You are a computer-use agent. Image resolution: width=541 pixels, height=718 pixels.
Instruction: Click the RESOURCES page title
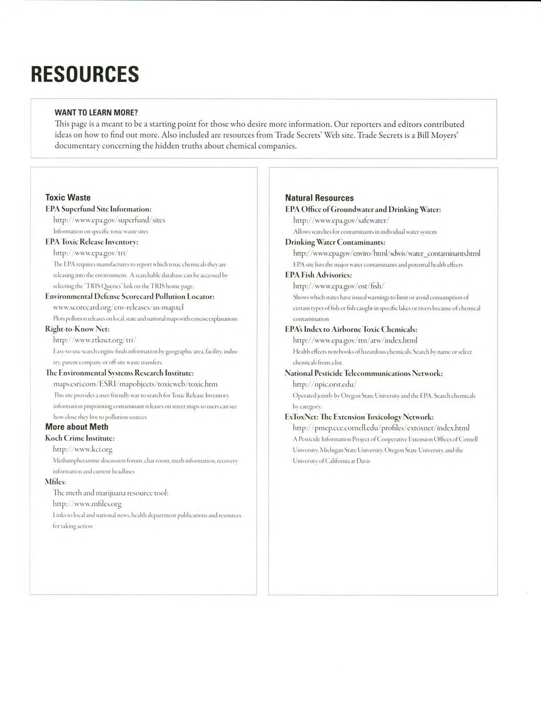coord(85,74)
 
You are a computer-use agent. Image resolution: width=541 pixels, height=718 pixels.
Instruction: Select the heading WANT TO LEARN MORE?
coord(96,113)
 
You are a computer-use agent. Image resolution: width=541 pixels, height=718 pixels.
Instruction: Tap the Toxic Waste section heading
coord(68,197)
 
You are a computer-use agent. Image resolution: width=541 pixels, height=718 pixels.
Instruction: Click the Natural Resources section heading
coord(319,198)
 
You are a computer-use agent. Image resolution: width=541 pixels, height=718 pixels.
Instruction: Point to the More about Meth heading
coord(77,427)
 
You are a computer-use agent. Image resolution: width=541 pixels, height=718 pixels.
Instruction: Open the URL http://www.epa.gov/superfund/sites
coord(109,220)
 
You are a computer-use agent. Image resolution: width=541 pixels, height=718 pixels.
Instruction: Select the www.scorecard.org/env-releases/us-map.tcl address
coord(118,307)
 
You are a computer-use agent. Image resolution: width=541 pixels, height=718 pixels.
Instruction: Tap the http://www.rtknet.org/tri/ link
coord(94,340)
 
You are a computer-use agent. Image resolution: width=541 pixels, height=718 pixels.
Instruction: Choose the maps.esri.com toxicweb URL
coord(135,384)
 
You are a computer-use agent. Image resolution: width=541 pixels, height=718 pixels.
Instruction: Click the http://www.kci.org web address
coord(82,449)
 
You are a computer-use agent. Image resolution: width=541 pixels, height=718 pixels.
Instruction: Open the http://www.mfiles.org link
coord(87,504)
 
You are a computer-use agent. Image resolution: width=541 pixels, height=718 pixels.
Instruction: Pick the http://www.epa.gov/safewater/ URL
coord(341,221)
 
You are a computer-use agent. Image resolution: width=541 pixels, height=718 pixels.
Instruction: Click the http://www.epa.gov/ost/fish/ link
coord(339,286)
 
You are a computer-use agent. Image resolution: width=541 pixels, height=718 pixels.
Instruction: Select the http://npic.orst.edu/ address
coord(324,384)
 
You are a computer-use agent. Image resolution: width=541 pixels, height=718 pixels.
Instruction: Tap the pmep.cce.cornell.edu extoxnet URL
coord(381,428)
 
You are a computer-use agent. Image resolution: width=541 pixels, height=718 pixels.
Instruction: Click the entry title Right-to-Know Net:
coord(77,329)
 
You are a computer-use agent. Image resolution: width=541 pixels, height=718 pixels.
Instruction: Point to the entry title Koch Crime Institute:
coord(80,438)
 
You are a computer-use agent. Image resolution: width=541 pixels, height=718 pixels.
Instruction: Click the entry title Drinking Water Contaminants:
coord(335,242)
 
